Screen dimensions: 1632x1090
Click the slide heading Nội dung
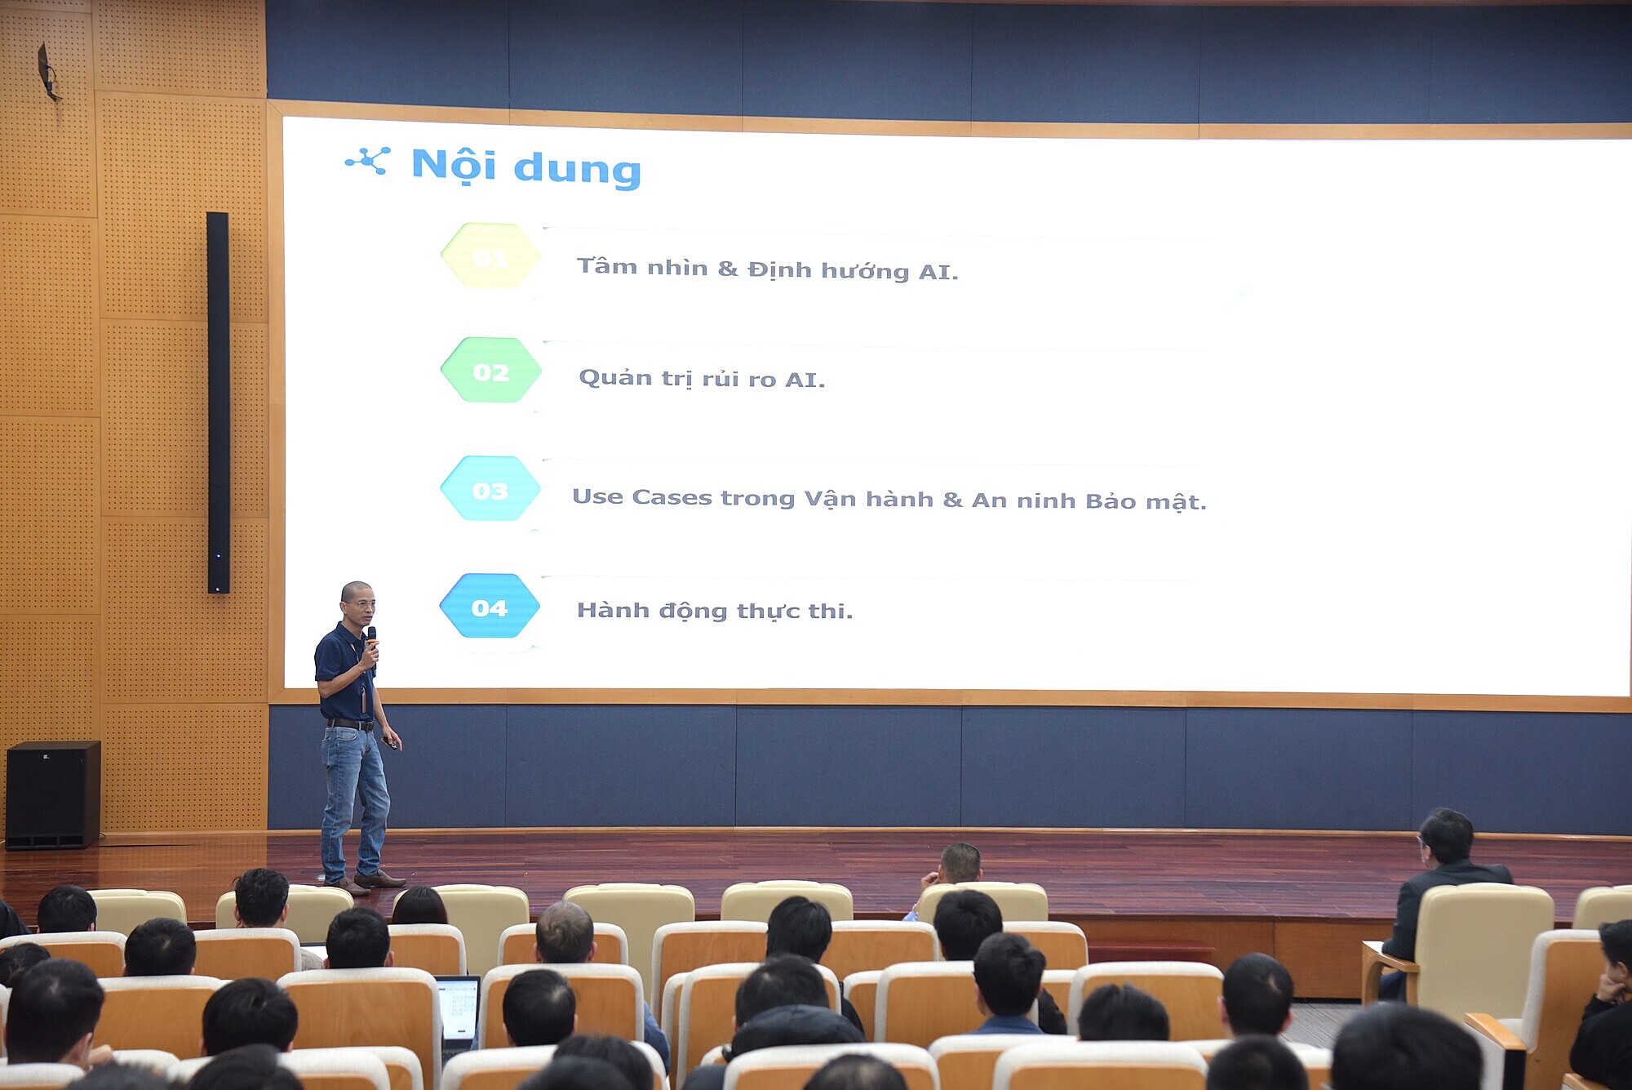point(526,167)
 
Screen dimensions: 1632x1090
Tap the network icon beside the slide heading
point(368,161)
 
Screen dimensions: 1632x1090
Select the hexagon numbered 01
point(490,256)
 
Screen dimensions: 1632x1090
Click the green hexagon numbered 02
point(490,371)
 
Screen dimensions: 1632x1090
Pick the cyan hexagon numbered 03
point(490,489)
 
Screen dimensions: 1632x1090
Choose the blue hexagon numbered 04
point(490,607)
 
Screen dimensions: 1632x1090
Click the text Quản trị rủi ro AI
point(702,379)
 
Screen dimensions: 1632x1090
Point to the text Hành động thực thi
point(715,611)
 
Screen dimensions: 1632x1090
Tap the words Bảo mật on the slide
point(1146,501)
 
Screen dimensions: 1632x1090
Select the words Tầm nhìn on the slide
point(642,267)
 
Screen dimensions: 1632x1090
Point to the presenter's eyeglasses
point(361,605)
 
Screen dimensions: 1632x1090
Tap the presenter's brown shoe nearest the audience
point(379,880)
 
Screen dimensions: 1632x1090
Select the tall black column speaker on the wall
point(218,403)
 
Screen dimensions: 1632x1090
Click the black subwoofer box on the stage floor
point(53,794)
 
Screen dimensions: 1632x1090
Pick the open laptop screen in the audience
point(458,1008)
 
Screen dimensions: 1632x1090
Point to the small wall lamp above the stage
point(48,72)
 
